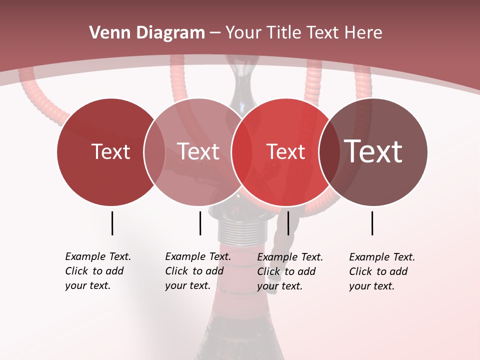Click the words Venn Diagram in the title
[x=147, y=33]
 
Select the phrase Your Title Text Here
[x=303, y=33]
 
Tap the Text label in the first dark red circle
[x=110, y=151]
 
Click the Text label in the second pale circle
[x=198, y=151]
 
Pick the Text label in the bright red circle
[x=285, y=151]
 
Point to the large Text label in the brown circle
[x=373, y=151]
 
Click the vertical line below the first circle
[x=112, y=223]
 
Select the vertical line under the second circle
[x=200, y=223]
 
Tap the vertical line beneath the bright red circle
[x=288, y=223]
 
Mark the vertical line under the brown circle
[x=372, y=223]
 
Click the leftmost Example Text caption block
[x=97, y=271]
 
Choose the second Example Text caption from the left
[x=197, y=271]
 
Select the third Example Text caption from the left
[x=289, y=271]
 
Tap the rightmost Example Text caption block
[x=381, y=271]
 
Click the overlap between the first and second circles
[x=154, y=151]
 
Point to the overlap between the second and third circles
[x=241, y=151]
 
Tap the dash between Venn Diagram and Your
[x=215, y=33]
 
